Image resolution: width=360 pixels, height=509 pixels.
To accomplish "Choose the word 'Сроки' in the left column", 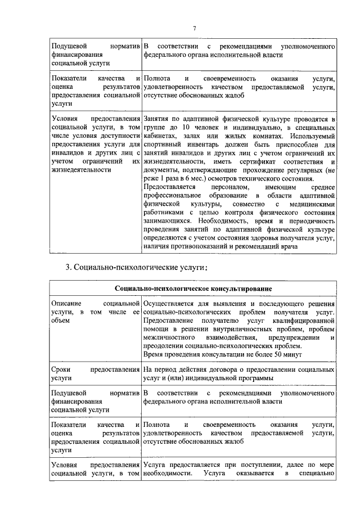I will point(61,370).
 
